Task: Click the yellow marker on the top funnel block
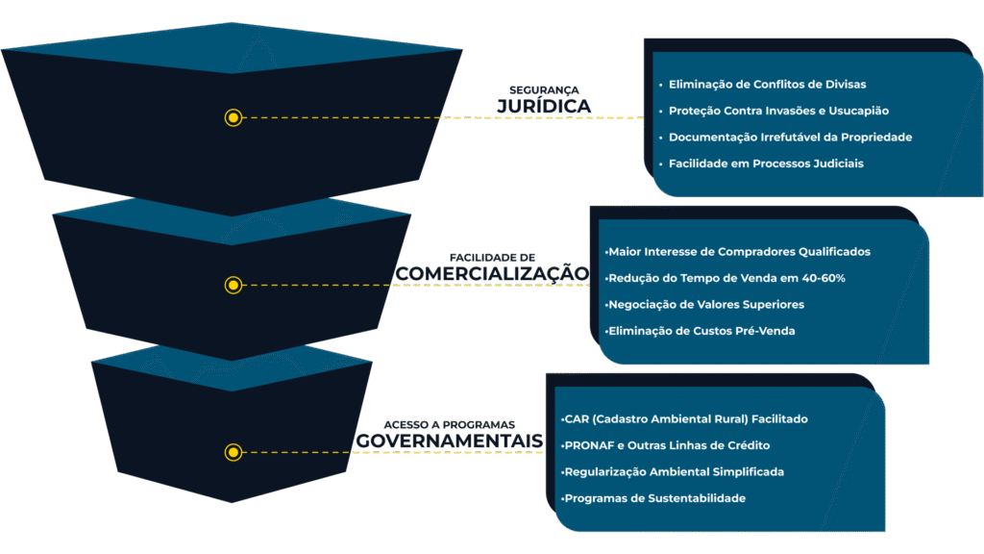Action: pos(233,118)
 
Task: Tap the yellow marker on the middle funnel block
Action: pos(233,285)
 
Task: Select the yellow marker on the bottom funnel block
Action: pos(233,452)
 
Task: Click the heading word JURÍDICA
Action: pos(544,105)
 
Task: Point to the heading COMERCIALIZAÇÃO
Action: pos(491,273)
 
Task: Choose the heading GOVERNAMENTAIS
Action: pos(450,441)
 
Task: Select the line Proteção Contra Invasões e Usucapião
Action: pos(778,111)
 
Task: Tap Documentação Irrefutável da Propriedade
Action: pos(790,138)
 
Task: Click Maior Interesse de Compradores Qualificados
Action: pos(738,252)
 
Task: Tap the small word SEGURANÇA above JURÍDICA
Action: pos(544,89)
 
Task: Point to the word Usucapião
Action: pos(859,111)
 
